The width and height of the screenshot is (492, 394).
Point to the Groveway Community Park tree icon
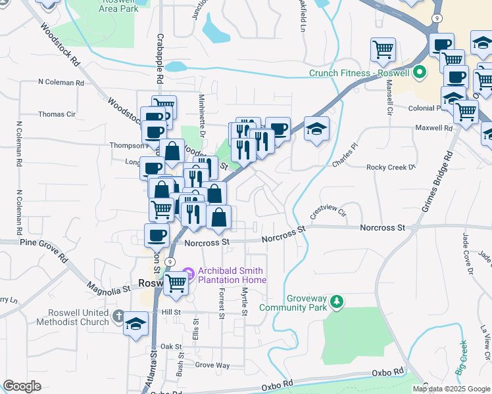(337, 301)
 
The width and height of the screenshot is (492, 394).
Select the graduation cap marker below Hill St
(136, 325)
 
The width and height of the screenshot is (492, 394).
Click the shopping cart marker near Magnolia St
(175, 283)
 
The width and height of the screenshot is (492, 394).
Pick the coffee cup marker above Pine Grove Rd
(157, 234)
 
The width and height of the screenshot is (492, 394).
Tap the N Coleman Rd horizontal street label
(61, 83)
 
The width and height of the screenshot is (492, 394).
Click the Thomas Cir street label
(57, 114)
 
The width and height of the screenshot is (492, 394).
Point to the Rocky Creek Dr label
(391, 167)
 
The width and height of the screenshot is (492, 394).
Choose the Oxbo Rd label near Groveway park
(387, 372)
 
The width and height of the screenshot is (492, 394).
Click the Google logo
(22, 386)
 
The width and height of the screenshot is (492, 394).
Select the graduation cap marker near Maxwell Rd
(316, 129)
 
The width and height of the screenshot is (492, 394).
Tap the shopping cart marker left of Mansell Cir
(383, 49)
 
